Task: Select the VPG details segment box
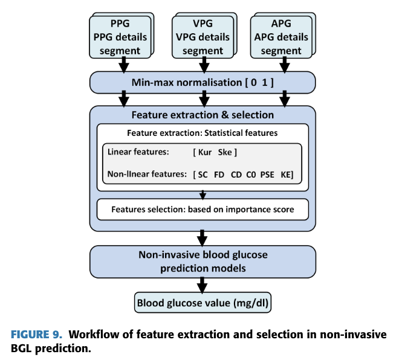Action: coord(202,37)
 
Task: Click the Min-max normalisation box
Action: coord(202,81)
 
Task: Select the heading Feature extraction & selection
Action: coord(202,115)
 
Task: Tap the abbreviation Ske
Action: coord(226,152)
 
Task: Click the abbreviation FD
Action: coord(219,175)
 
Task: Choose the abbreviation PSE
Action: coord(267,175)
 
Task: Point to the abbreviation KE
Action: coord(287,175)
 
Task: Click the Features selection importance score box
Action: coord(202,210)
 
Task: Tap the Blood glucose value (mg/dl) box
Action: coord(202,303)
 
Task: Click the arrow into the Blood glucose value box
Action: coord(202,284)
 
